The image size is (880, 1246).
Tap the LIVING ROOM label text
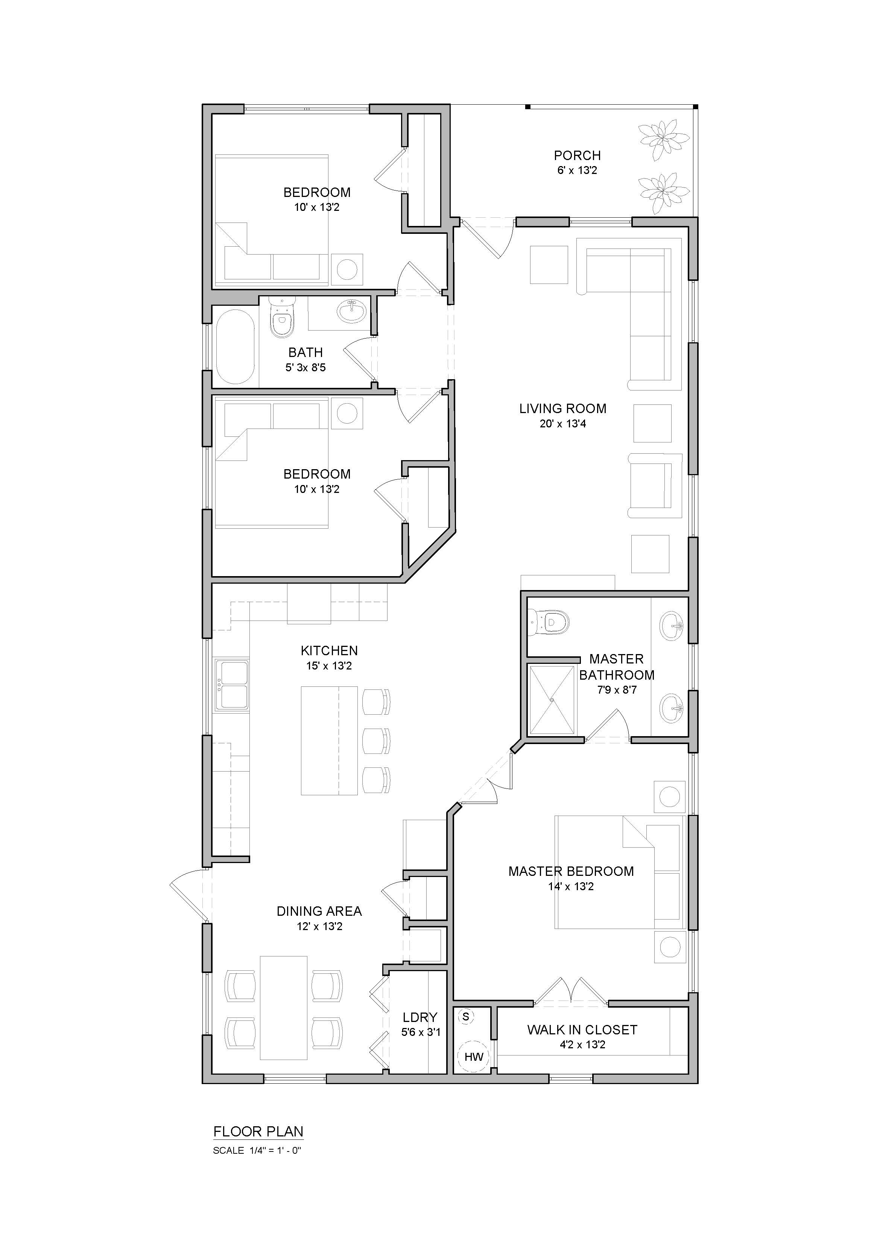tap(563, 409)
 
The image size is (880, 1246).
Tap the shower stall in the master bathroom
tap(552, 700)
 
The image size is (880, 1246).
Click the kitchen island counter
tap(329, 740)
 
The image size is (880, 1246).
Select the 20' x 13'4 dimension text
tap(563, 424)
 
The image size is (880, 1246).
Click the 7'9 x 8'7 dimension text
tap(617, 690)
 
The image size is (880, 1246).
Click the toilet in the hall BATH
tap(281, 317)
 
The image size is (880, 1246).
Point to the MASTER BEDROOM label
tap(571, 872)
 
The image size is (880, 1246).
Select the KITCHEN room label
tap(329, 651)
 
